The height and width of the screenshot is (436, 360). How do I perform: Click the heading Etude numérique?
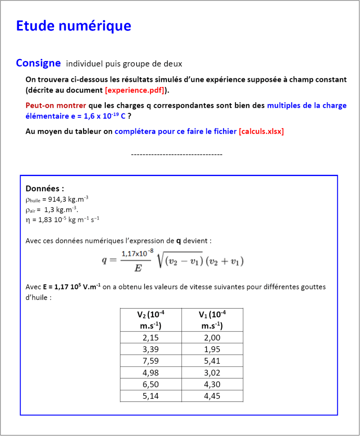(73, 26)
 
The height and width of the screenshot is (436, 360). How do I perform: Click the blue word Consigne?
(38, 63)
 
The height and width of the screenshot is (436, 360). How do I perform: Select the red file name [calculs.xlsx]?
(261, 131)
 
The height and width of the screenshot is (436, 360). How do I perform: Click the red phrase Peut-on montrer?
(56, 105)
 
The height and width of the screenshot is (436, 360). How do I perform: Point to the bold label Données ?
(45, 188)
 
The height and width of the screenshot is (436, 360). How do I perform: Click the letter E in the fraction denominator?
(137, 268)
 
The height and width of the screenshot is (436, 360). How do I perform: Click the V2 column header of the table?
(151, 320)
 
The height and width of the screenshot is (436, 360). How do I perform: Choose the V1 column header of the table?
(212, 320)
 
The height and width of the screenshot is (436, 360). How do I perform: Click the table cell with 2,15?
(151, 338)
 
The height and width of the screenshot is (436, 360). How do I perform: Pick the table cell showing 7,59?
(151, 361)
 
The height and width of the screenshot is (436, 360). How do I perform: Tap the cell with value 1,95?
(212, 349)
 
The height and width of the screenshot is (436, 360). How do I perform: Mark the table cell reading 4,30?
(212, 384)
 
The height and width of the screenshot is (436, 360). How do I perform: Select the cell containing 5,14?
(151, 396)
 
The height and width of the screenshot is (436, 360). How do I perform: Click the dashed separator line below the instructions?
(177, 154)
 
